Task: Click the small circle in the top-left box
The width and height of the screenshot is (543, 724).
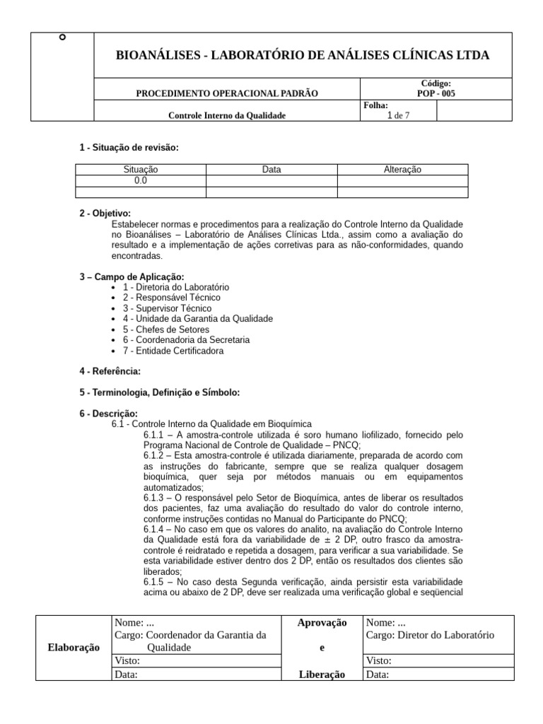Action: (63, 37)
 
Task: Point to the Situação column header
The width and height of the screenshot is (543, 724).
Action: (141, 170)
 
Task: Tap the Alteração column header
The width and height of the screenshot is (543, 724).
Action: (402, 170)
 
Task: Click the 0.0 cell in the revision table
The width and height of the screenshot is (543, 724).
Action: (141, 181)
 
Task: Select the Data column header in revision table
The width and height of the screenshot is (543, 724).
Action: (271, 170)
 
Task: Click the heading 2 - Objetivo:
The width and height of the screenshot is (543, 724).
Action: (105, 214)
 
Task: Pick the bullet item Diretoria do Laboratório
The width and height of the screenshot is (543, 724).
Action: (175, 288)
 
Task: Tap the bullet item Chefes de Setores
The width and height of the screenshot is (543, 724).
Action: (166, 329)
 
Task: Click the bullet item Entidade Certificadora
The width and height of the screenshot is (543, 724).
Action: (173, 351)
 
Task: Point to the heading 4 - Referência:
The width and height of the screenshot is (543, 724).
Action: (110, 371)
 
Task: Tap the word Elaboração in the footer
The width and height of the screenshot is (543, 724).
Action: (74, 648)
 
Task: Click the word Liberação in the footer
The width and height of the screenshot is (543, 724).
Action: (322, 675)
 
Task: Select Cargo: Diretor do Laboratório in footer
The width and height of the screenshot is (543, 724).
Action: (430, 635)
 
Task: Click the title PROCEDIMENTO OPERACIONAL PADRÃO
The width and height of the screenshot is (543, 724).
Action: (227, 93)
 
